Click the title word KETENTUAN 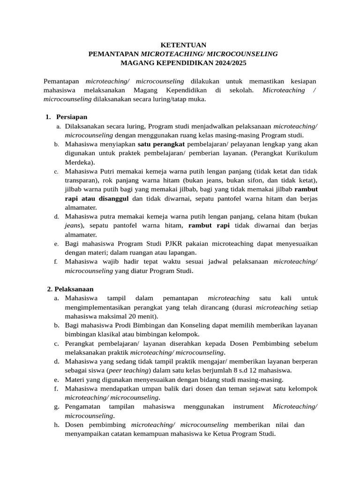183,45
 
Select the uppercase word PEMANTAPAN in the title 114,54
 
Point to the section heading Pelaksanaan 74,289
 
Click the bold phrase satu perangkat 161,144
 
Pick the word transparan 82,180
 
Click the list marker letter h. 56,425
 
